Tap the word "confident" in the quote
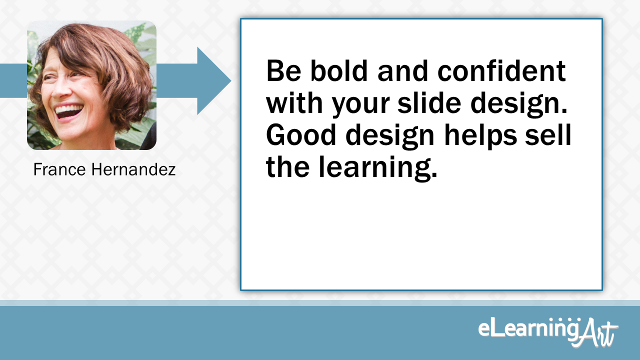[501, 70]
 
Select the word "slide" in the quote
[429, 102]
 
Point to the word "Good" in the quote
[301, 135]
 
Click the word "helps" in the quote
[480, 137]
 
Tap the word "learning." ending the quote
[377, 168]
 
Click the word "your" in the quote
[361, 105]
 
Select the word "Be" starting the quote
[283, 70]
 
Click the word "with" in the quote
[294, 102]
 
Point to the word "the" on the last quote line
[287, 166]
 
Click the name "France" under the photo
[59, 169]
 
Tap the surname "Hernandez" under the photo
[133, 169]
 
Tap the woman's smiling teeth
[68, 109]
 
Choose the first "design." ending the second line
[519, 104]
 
